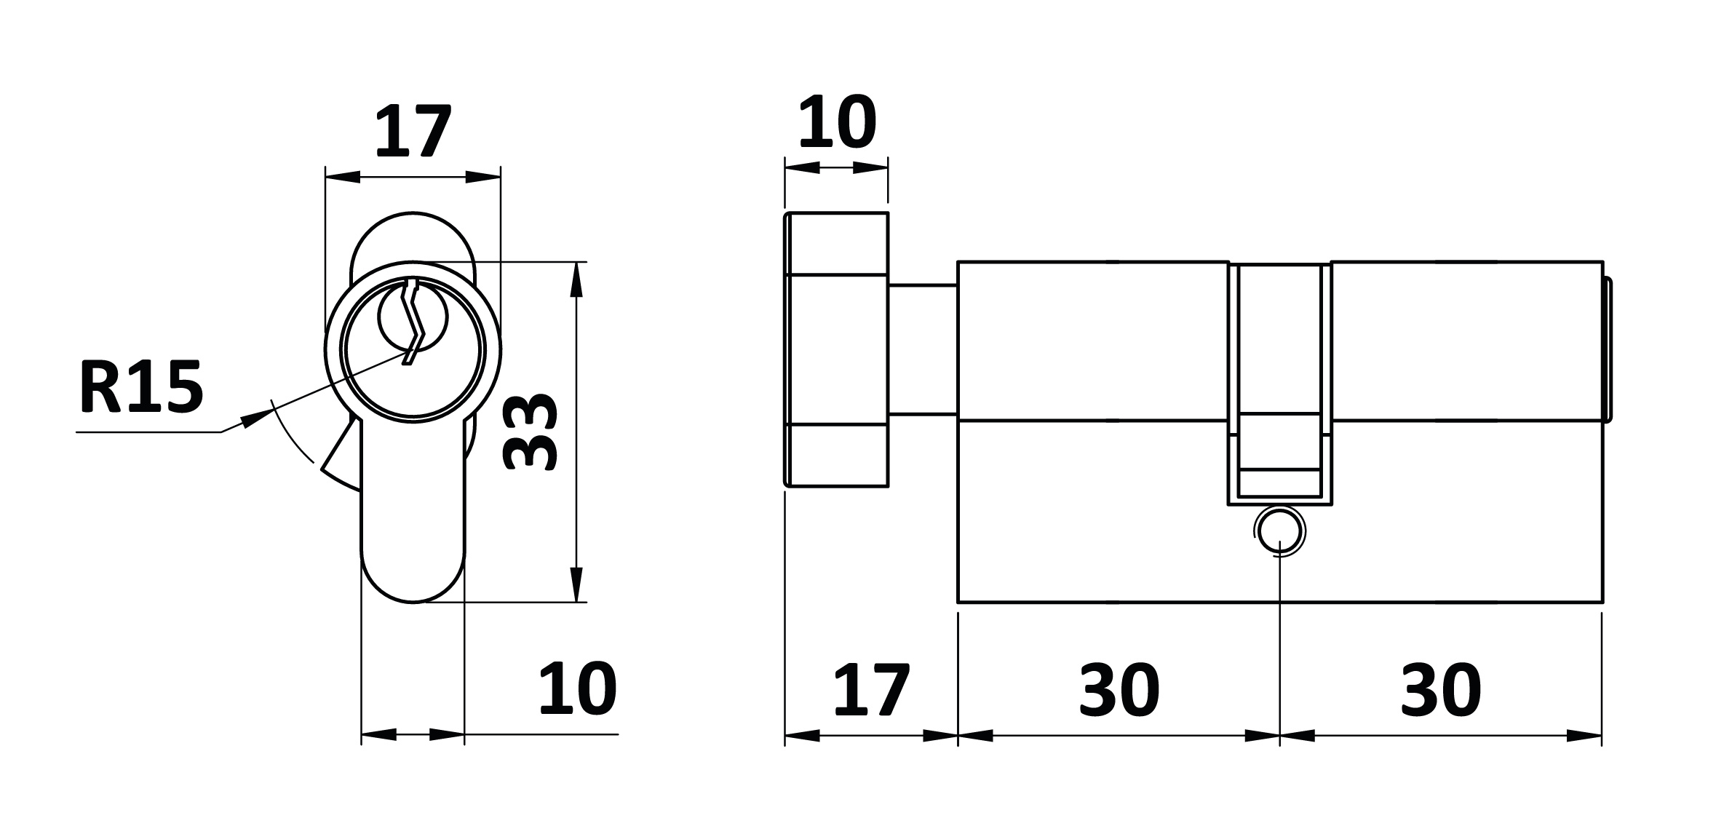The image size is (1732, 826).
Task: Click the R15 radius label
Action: (140, 386)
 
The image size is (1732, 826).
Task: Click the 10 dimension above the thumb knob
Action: (837, 122)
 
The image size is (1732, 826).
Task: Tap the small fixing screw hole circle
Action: (1279, 532)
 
